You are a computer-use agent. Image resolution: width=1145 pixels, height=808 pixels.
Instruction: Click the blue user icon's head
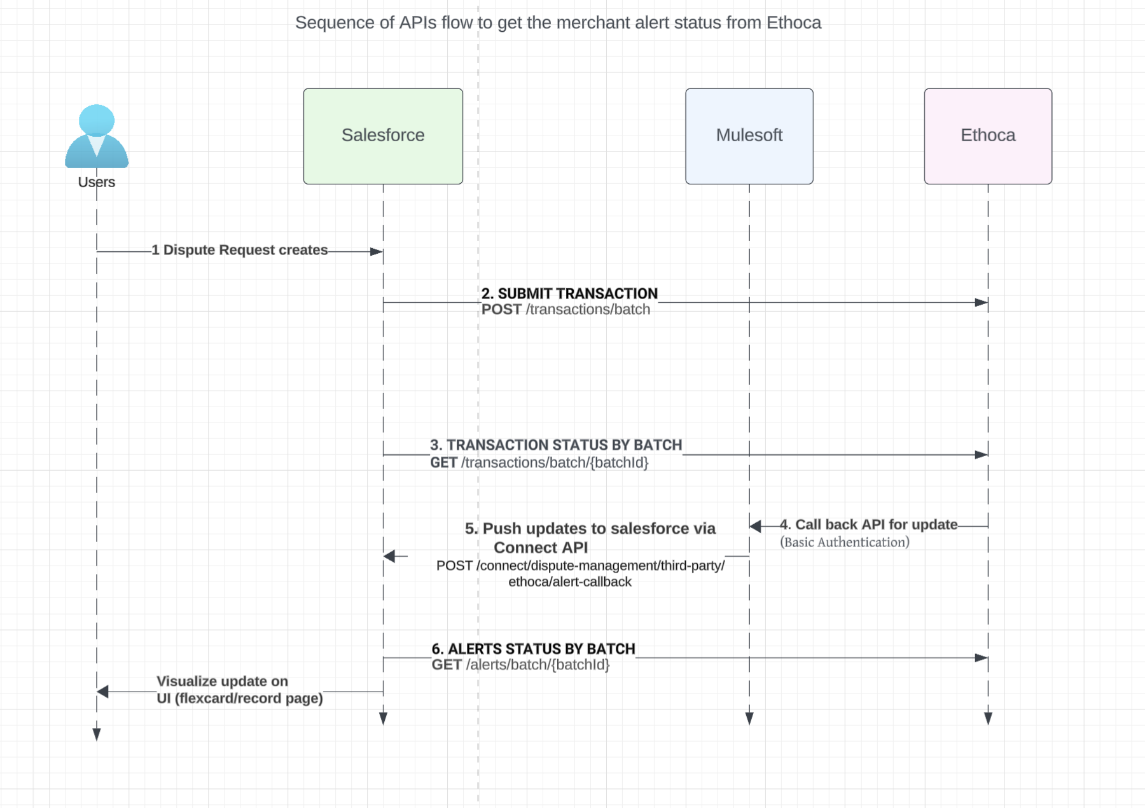pyautogui.click(x=97, y=120)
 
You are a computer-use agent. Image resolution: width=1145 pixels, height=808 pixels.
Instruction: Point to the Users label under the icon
pyautogui.click(x=97, y=182)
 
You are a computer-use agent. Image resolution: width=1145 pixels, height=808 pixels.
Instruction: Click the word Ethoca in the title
pyautogui.click(x=793, y=23)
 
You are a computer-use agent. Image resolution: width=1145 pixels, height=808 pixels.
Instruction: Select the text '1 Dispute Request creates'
pyautogui.click(x=240, y=250)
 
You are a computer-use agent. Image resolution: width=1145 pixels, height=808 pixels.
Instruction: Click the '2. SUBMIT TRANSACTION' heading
pyautogui.click(x=569, y=293)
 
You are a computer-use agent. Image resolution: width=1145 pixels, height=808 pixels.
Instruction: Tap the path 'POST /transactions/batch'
pyautogui.click(x=566, y=310)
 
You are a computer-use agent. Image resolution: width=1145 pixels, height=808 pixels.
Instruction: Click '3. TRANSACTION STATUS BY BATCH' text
pyautogui.click(x=556, y=445)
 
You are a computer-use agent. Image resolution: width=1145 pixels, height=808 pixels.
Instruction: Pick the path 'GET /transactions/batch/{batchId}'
pyautogui.click(x=539, y=463)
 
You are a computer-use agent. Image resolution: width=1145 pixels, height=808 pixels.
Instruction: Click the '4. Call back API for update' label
pyautogui.click(x=869, y=525)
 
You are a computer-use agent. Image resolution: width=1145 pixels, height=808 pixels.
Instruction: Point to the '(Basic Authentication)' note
pyautogui.click(x=845, y=542)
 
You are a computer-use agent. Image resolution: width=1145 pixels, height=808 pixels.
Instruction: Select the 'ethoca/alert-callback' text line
pyautogui.click(x=570, y=582)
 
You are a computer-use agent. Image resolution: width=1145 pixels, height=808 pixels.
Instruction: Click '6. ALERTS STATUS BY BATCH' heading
pyautogui.click(x=533, y=649)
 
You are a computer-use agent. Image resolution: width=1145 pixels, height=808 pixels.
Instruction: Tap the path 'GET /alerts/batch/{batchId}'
pyautogui.click(x=520, y=665)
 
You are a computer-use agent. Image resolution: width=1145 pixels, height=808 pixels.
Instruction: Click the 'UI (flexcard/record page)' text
pyautogui.click(x=240, y=699)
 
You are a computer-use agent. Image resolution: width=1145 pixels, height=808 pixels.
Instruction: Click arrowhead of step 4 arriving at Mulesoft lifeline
pyautogui.click(x=756, y=526)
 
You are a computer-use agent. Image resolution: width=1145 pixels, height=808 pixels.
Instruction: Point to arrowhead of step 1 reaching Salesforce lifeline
pyautogui.click(x=377, y=252)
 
